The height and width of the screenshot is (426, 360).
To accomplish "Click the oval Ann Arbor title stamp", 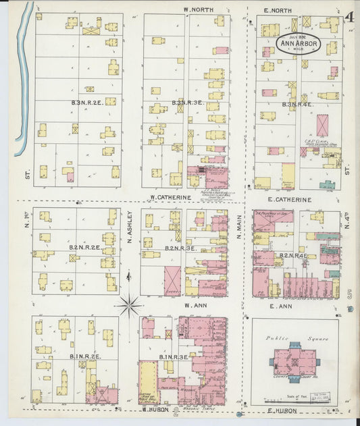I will pyautogui.click(x=297, y=45).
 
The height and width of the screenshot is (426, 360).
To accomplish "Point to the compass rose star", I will pyautogui.click(x=128, y=306).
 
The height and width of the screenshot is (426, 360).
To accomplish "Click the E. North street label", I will pyautogui.click(x=278, y=9).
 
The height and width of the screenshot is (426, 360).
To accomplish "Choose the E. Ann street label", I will pyautogui.click(x=278, y=307).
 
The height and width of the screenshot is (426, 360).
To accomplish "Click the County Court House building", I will pyautogui.click(x=295, y=363).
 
